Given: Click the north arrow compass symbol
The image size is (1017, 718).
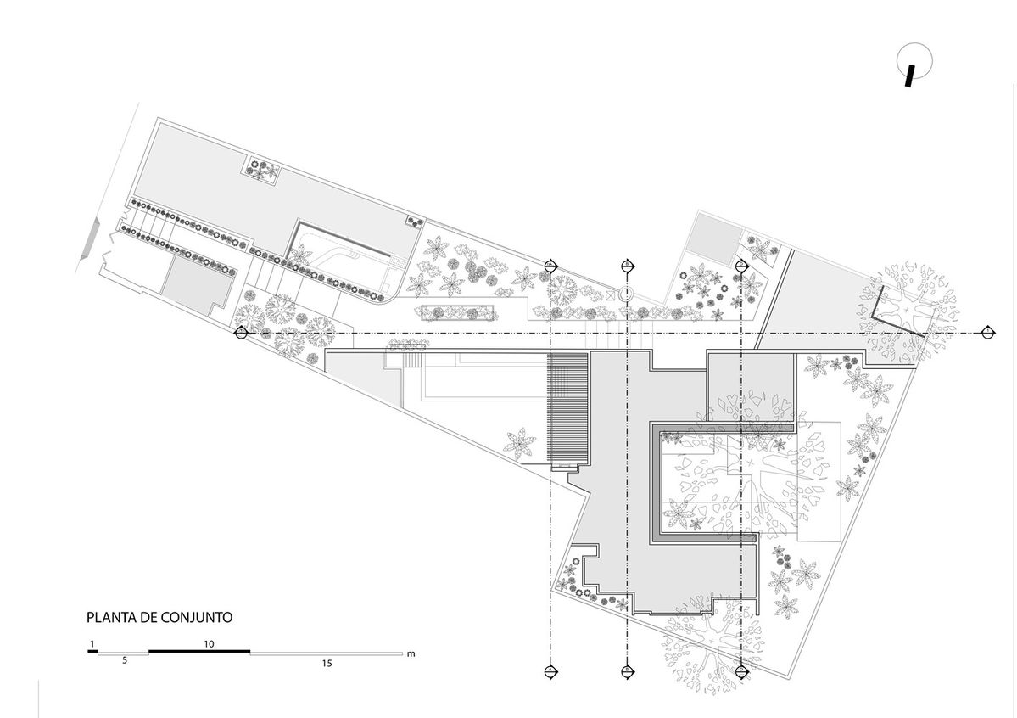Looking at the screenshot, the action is click(914, 63).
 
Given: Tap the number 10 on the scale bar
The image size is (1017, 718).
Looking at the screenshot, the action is click(209, 644).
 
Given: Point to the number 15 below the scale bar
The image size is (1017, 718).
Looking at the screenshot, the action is click(327, 664).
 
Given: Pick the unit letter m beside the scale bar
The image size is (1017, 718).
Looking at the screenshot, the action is click(411, 654).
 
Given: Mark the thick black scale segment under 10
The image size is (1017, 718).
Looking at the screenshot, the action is click(199, 650).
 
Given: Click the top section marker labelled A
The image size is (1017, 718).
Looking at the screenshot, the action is click(550, 266).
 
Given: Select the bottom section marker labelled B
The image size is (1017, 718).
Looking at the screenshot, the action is click(627, 671).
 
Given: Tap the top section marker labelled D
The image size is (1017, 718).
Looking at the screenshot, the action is click(742, 266).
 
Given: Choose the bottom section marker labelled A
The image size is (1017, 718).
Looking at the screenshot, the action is click(550, 671).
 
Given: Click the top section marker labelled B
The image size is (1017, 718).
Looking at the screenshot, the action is click(627, 266).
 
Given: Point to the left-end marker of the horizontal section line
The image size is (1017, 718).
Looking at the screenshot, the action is click(242, 333).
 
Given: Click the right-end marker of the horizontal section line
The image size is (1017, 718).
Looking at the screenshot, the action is click(987, 333).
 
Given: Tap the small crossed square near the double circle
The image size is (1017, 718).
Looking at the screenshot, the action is click(610, 294).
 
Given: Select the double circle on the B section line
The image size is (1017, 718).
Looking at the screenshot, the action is click(627, 294).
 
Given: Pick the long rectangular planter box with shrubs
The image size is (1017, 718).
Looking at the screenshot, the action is click(459, 312).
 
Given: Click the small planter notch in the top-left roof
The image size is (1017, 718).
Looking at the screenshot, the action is click(262, 169).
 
